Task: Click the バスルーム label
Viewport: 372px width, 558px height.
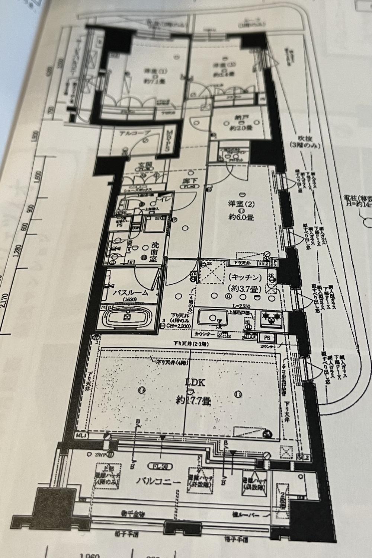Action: click(x=131, y=293)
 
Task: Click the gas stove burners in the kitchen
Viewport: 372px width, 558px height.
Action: click(x=271, y=317)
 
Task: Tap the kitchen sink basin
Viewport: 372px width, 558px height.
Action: click(x=213, y=318)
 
